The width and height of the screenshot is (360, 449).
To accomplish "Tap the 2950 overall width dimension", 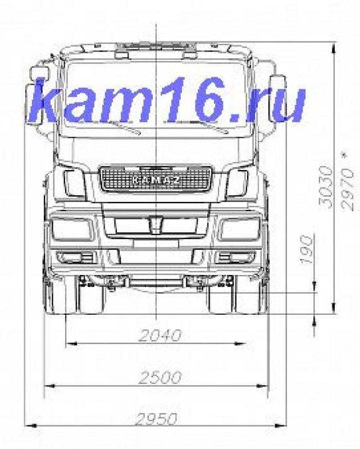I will tap(156, 419).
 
